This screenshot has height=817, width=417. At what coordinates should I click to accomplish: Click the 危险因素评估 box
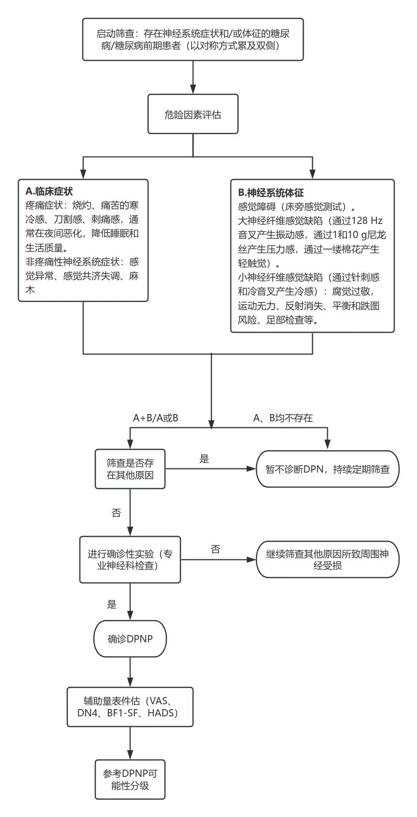[x=193, y=115]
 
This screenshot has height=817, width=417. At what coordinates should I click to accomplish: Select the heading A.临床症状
[x=49, y=191]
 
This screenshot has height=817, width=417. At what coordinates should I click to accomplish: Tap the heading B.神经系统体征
[x=267, y=192]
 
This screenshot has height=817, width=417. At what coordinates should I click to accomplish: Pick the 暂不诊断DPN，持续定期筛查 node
[x=328, y=469]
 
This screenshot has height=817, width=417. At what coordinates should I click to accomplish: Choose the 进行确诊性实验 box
[x=130, y=559]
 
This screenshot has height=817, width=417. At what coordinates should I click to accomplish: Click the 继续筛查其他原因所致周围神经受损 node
[x=328, y=559]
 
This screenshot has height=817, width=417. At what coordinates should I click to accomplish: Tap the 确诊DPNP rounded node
[x=130, y=639]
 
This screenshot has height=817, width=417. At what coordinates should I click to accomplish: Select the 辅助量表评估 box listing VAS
[x=130, y=706]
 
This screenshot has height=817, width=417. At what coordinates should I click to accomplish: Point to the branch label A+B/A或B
[x=156, y=418]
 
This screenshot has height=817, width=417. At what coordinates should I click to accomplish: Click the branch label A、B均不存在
[x=283, y=418]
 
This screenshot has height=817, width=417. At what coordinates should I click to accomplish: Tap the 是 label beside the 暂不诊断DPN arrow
[x=204, y=459]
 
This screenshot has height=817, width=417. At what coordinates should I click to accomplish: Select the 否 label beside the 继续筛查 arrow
[x=215, y=549]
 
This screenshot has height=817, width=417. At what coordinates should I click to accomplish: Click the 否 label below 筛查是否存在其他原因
[x=116, y=513]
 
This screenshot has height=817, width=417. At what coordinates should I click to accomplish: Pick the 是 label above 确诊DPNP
[x=112, y=604]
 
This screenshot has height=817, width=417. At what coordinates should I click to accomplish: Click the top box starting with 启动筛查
[x=193, y=39]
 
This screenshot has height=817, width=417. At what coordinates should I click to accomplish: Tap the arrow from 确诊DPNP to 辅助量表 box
[x=130, y=672]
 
